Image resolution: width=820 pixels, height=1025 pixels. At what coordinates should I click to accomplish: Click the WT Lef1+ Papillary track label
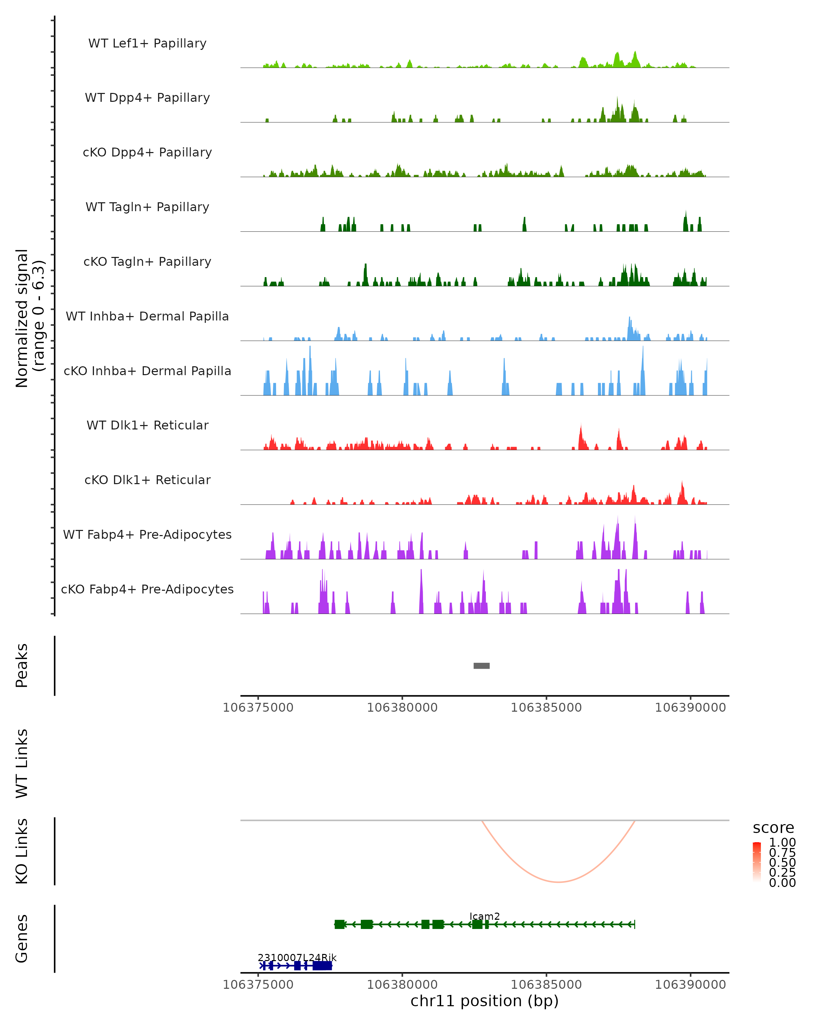pos(147,43)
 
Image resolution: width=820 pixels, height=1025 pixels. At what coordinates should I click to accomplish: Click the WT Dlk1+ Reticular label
pos(147,425)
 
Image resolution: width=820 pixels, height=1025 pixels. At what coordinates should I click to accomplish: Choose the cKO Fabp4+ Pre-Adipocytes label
pos(147,589)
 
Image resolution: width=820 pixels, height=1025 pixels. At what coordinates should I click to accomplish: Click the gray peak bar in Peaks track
pos(481,666)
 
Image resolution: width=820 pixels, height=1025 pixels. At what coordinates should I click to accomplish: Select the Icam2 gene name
pos(484,917)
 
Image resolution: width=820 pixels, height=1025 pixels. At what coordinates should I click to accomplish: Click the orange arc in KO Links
pos(559,882)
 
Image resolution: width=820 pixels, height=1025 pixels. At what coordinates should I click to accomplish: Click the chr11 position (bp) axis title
pos(484,1001)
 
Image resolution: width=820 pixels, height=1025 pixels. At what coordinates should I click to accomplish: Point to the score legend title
pos(774,828)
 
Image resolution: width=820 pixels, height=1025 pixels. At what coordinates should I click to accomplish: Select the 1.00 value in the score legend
pos(782,843)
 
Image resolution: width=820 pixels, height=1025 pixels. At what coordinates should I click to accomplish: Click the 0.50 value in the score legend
pos(782,862)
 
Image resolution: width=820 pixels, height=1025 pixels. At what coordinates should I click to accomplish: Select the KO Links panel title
pos(22,851)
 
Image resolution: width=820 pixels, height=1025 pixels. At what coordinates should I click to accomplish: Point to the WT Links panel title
pos(22,763)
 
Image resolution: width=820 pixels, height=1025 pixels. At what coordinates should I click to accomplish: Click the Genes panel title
pos(22,939)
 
